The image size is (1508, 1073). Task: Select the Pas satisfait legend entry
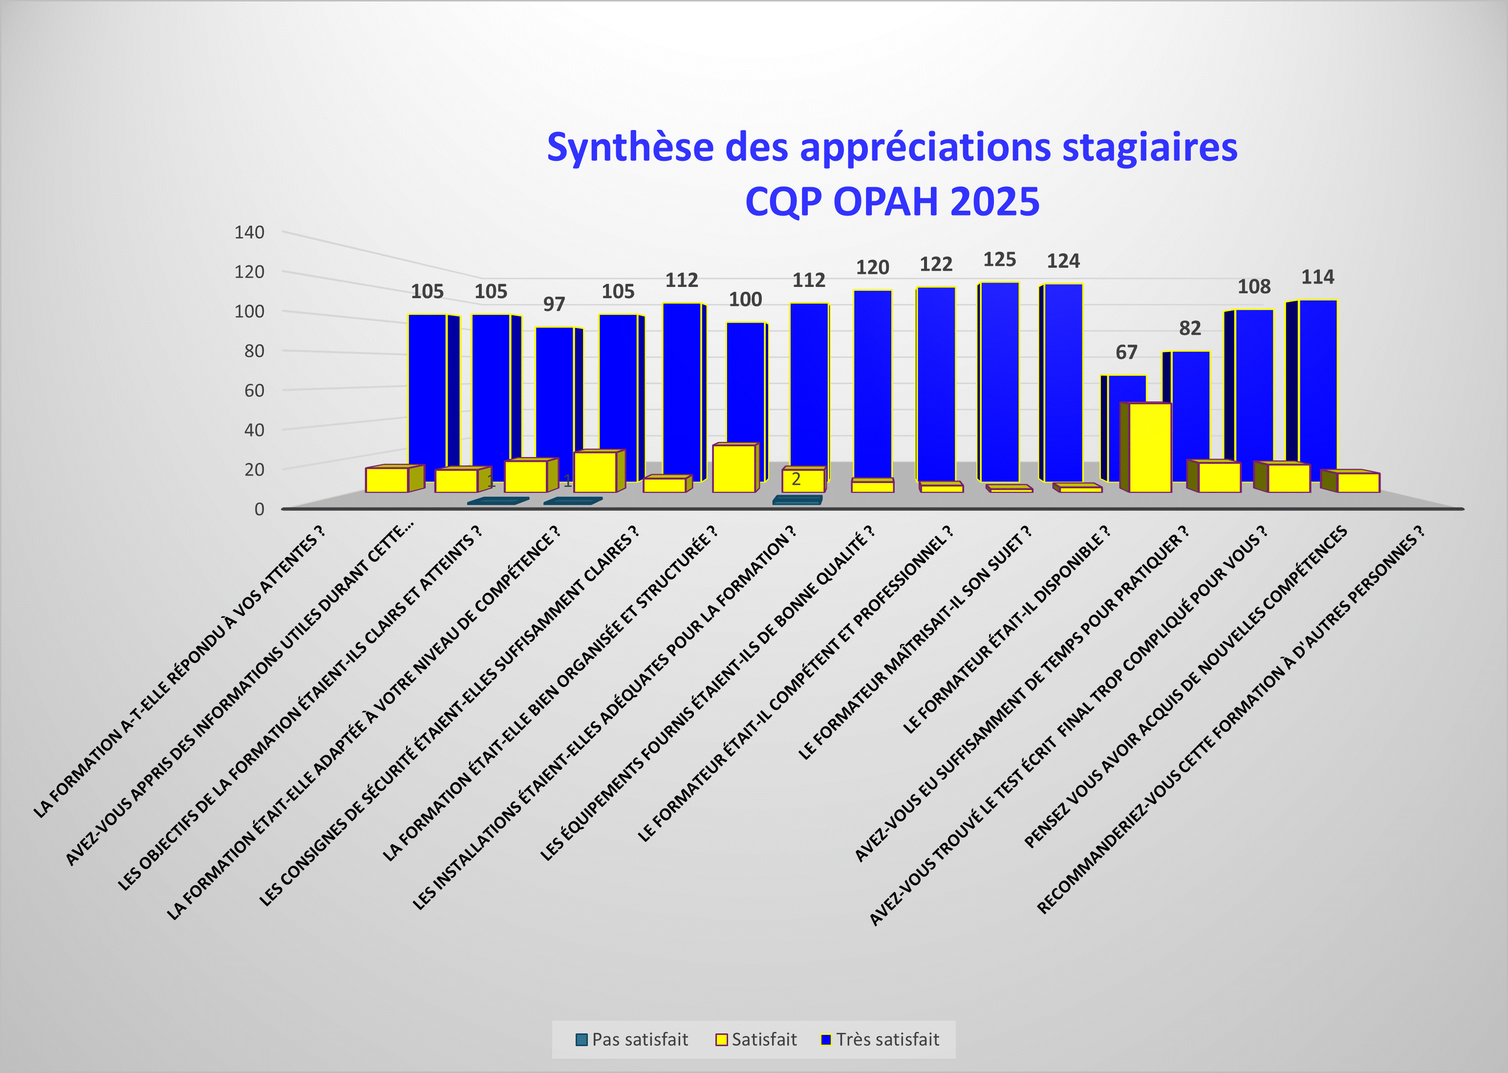[632, 1039]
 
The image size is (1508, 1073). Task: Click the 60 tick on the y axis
[254, 391]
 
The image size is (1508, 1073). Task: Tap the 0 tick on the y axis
[259, 509]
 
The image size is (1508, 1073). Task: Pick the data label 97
[554, 304]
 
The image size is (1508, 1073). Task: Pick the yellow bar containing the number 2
[802, 481]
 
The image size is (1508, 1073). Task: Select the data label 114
[1317, 278]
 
